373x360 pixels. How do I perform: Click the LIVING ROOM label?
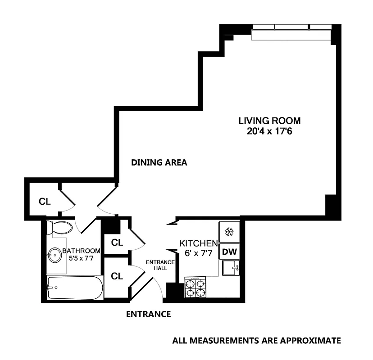click(x=269, y=121)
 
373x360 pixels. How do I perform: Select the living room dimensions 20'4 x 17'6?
click(x=269, y=132)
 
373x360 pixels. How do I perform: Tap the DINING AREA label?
click(x=159, y=162)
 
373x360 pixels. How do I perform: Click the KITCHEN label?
click(x=199, y=243)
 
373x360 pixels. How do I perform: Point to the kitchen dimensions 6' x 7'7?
click(x=199, y=253)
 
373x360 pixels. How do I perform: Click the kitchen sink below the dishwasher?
click(x=231, y=268)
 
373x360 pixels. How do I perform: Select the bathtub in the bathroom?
click(x=75, y=288)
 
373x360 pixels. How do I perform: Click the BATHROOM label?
click(x=81, y=251)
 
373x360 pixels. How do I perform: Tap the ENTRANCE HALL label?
click(x=156, y=265)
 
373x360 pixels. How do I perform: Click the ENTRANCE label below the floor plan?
click(x=148, y=314)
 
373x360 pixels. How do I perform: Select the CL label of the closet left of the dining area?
click(x=44, y=202)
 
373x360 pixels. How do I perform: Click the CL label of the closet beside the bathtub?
click(x=117, y=276)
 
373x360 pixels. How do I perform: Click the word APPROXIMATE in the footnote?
click(x=309, y=341)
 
